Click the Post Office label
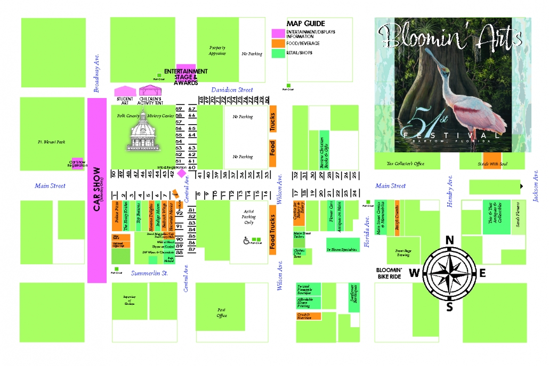click(222, 312)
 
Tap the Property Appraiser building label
click(217, 51)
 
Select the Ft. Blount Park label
click(52, 142)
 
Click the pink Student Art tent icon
click(125, 91)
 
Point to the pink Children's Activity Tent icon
click(150, 91)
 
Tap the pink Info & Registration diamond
click(181, 173)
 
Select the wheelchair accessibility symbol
click(247, 240)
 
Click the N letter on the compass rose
click(449, 240)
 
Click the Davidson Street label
click(232, 90)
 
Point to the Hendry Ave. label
click(450, 191)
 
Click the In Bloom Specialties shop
click(341, 248)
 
